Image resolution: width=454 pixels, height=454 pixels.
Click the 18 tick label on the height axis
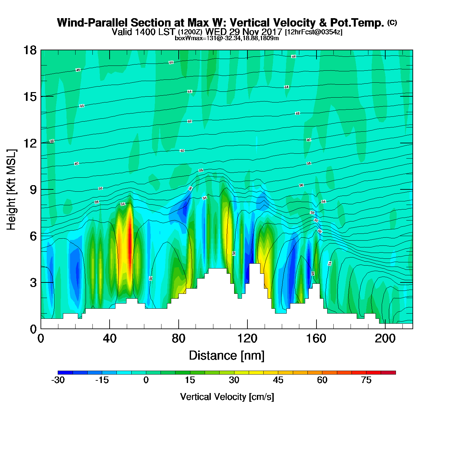click(30, 50)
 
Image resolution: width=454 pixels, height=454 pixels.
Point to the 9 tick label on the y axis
click(33, 190)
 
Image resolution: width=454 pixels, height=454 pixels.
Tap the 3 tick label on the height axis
click(33, 282)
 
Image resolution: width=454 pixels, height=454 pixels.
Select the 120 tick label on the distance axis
click(247, 339)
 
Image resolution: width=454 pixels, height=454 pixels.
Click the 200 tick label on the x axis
click(385, 339)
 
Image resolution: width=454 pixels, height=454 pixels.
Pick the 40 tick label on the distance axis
click(110, 339)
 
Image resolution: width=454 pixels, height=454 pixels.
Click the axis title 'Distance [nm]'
click(227, 355)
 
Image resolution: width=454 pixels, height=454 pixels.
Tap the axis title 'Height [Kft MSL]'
click(11, 190)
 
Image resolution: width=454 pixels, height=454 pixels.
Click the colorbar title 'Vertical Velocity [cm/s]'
click(227, 397)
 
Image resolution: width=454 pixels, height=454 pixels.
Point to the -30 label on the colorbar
click(58, 380)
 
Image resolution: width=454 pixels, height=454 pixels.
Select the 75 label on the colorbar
click(366, 380)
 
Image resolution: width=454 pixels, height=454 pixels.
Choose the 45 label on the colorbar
click(278, 380)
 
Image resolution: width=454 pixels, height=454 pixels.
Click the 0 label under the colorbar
click(146, 380)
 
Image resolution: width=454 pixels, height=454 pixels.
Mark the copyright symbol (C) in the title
click(392, 22)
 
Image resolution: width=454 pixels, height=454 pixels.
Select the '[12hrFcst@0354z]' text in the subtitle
click(313, 32)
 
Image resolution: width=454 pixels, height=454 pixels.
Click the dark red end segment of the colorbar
click(388, 373)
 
